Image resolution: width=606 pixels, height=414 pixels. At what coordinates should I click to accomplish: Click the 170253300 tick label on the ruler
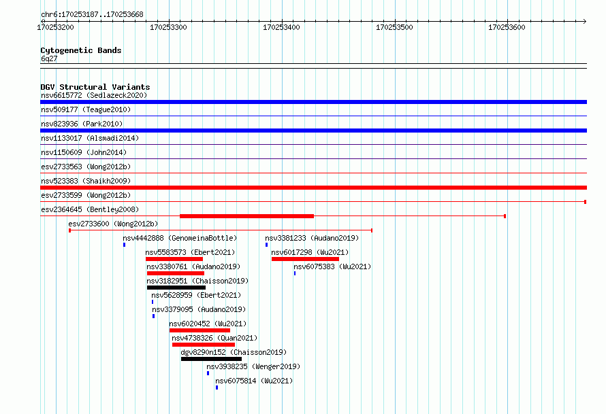[x=168, y=27]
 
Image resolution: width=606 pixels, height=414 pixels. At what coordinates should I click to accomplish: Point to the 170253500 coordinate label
[x=394, y=27]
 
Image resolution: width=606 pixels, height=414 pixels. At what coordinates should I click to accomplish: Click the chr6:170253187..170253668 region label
[x=92, y=15]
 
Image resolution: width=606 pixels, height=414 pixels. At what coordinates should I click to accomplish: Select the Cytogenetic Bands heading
[x=81, y=50]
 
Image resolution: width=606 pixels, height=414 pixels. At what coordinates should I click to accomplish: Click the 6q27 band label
[x=49, y=58]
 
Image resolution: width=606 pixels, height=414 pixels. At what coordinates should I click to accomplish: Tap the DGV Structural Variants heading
[x=95, y=87]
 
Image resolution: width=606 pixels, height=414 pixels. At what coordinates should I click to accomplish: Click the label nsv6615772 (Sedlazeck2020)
[x=94, y=95]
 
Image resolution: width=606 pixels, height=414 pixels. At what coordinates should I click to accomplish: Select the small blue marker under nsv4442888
[x=124, y=245]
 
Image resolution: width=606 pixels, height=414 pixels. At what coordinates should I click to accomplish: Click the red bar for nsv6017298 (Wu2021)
[x=305, y=259]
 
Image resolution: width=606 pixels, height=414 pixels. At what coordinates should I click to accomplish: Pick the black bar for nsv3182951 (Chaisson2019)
[x=176, y=288]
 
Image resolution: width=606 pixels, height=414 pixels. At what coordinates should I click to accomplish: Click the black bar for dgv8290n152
[x=211, y=359]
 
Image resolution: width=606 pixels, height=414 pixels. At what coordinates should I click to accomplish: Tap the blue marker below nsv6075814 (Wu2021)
[x=217, y=387]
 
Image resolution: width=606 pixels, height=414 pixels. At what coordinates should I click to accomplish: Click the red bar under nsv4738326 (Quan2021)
[x=204, y=345]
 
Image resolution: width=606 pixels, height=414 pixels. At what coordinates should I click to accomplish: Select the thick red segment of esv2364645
[x=247, y=216]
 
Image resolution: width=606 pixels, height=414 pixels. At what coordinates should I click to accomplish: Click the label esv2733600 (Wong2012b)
[x=113, y=224]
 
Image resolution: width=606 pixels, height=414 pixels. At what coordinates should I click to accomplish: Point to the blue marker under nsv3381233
[x=267, y=245]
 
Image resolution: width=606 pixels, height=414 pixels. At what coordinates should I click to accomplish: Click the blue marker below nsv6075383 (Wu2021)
[x=295, y=273]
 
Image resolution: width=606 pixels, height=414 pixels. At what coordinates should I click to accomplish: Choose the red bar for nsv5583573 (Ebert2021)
[x=174, y=259]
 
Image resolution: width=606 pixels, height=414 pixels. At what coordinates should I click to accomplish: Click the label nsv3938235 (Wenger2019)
[x=253, y=366]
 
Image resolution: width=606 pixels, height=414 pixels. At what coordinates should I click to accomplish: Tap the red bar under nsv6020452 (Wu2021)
[x=200, y=330]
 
